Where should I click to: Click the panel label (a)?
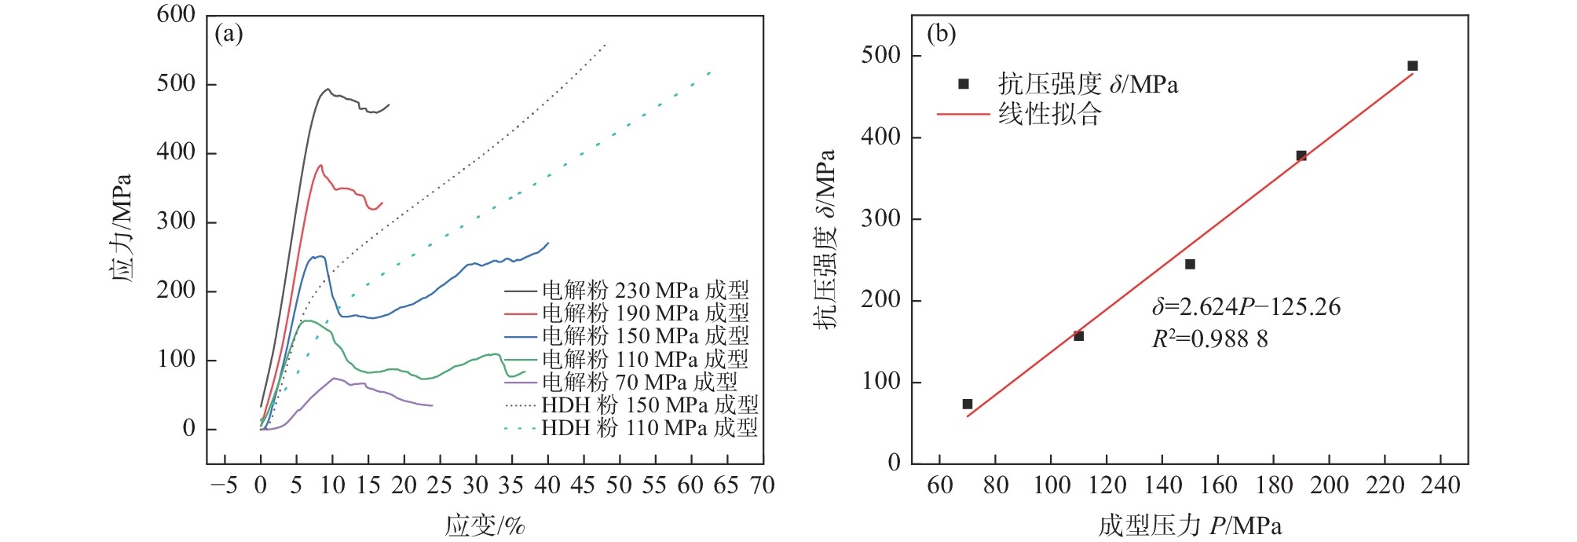[229, 34]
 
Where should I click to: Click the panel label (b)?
[942, 34]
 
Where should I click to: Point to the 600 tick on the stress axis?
[176, 14]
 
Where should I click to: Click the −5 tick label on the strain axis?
[224, 485]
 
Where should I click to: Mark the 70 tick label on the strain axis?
[762, 485]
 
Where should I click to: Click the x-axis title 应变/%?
[485, 525]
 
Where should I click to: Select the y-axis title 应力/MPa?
[120, 228]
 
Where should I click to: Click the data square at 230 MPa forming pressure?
[1412, 66]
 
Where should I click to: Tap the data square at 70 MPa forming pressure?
[968, 404]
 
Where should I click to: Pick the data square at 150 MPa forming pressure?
[1190, 264]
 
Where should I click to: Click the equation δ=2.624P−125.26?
[1246, 306]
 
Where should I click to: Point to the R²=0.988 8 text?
[1209, 339]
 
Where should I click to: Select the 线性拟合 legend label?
[1050, 115]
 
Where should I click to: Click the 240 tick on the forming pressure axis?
[1440, 485]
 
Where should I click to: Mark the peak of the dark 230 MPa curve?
[327, 89]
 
